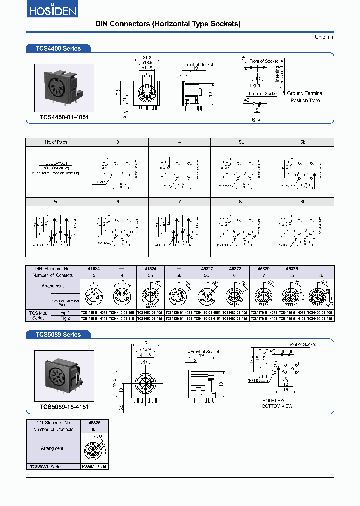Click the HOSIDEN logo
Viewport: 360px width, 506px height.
coord(44,11)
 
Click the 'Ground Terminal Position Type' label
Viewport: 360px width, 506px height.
coord(305,97)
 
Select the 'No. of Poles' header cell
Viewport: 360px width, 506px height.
coord(56,142)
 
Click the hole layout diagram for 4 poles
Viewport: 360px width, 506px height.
coord(179,172)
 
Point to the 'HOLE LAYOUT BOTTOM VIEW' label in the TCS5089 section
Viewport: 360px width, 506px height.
coord(277,403)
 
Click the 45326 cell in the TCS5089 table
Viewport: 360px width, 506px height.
coord(94,422)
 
